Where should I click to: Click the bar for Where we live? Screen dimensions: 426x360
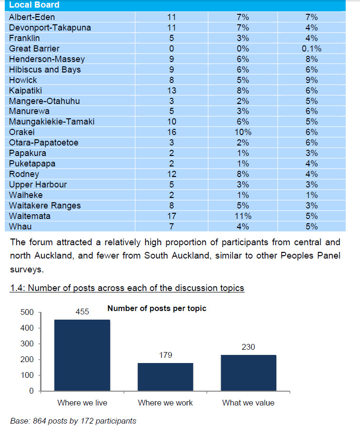[x=82, y=355]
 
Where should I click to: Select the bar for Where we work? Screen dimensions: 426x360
[x=165, y=377]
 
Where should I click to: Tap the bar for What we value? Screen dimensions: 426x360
[x=248, y=373]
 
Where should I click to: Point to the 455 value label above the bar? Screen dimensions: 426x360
[x=82, y=312]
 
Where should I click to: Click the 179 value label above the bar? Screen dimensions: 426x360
[x=165, y=355]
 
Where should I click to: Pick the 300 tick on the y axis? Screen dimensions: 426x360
[x=27, y=344]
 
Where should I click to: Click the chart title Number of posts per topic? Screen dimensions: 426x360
[x=157, y=309]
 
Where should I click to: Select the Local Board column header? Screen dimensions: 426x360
[x=34, y=5]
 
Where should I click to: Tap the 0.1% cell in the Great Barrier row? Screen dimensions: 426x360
[x=311, y=49]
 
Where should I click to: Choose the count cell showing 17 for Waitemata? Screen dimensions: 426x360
[x=172, y=216]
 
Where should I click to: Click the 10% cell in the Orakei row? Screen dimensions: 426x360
[x=243, y=132]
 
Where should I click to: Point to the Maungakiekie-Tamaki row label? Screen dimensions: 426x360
[x=51, y=122]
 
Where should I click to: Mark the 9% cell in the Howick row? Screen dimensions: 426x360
[x=311, y=80]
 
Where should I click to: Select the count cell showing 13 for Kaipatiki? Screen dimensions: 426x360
[x=172, y=91]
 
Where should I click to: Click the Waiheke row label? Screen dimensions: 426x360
[x=26, y=195]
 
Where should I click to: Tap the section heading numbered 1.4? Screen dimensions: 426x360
[x=127, y=288]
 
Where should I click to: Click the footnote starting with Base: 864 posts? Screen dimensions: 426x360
[x=73, y=421]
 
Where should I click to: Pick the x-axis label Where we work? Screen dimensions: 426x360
[x=165, y=403]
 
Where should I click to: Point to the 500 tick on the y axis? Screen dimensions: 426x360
[x=27, y=312]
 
